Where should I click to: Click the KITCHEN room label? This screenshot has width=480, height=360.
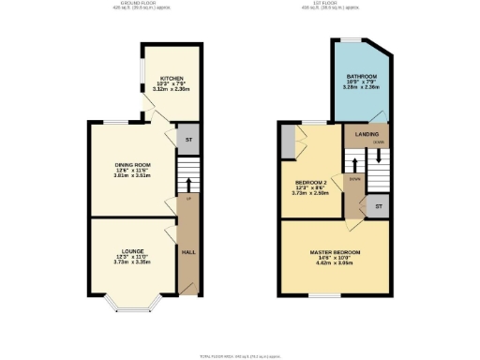(172, 78)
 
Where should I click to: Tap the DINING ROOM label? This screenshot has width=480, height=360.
(132, 164)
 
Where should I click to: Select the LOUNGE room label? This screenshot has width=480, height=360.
(131, 251)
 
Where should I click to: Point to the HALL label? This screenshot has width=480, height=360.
(188, 252)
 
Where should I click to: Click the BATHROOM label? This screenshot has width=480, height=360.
(362, 75)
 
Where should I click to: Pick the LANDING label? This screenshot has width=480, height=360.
(367, 134)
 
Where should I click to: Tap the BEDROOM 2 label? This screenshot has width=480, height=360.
(311, 181)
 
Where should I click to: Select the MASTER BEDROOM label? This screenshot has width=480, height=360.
(336, 252)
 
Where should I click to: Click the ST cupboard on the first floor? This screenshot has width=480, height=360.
(379, 205)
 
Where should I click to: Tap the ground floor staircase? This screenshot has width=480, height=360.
(188, 175)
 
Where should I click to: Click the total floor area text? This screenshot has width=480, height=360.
(240, 356)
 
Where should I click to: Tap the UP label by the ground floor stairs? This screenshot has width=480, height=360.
(188, 200)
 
